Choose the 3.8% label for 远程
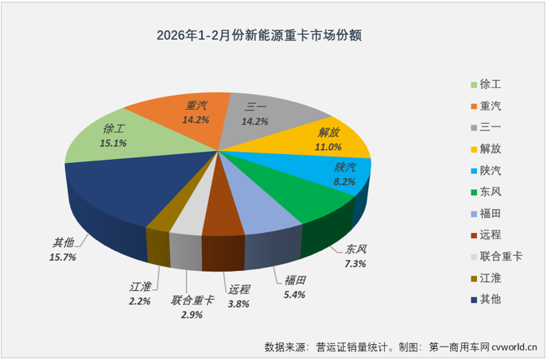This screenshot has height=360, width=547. point(238,303)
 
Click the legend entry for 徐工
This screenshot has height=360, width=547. point(491,83)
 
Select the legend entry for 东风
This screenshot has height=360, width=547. point(491,192)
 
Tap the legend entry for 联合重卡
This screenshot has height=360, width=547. point(501,256)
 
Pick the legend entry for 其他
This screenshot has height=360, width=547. point(491,299)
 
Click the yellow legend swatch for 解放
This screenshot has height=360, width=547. point(474,149)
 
